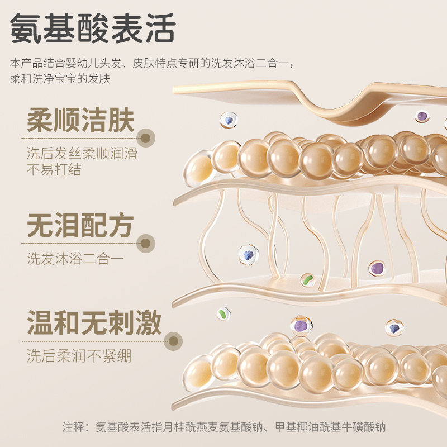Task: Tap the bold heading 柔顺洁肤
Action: click(80, 122)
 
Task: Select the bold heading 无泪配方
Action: click(80, 226)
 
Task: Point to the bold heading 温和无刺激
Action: click(94, 324)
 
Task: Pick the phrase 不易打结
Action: click(54, 169)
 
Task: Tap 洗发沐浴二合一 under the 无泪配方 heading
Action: click(75, 259)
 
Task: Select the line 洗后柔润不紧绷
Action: click(79, 355)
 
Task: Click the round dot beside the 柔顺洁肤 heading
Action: click(147, 138)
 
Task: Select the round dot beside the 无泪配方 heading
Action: click(146, 243)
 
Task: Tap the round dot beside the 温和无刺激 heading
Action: click(174, 340)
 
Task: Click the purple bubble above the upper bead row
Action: click(422, 116)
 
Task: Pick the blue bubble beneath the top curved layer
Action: click(227, 119)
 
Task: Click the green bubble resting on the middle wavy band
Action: click(307, 279)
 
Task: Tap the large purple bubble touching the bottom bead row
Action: click(301, 325)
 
